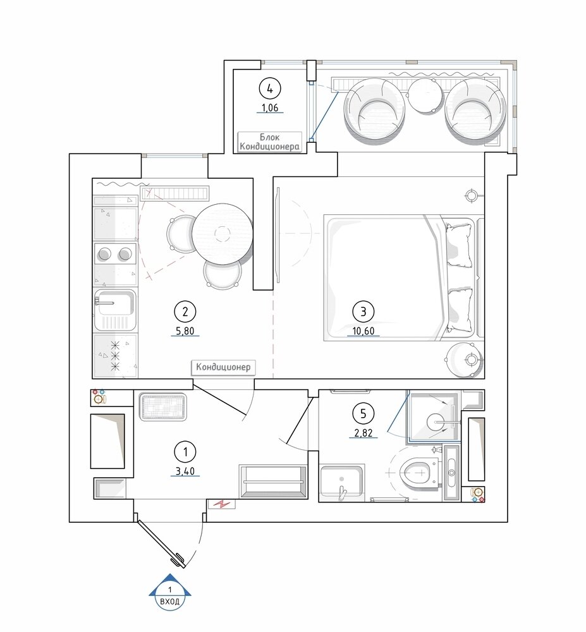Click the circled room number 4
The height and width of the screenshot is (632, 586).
(270, 88)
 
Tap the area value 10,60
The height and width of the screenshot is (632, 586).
(363, 331)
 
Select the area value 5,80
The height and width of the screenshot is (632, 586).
(185, 331)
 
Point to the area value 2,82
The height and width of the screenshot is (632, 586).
(363, 433)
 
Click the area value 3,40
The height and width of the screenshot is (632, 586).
(185, 471)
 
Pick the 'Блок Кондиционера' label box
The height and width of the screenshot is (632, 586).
(270, 142)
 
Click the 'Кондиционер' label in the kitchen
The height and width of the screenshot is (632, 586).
(223, 367)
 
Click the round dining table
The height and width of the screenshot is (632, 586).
(222, 234)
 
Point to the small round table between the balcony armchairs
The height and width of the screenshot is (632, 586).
(424, 95)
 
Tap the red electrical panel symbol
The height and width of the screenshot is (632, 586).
(222, 504)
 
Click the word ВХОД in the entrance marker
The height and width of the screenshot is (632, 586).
(169, 602)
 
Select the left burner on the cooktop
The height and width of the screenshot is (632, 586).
(104, 254)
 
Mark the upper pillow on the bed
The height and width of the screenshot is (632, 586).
(459, 245)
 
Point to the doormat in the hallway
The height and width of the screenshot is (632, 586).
(163, 407)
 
